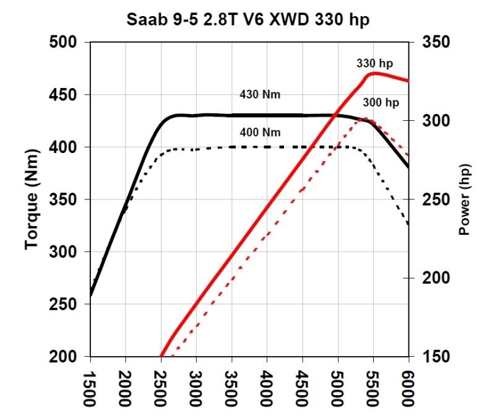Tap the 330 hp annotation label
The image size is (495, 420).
(374, 63)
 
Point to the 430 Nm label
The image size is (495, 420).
(260, 95)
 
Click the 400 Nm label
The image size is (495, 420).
(260, 133)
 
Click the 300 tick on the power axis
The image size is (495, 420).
(437, 121)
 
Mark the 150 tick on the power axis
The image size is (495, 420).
(437, 357)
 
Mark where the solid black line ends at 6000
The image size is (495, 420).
(408, 167)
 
